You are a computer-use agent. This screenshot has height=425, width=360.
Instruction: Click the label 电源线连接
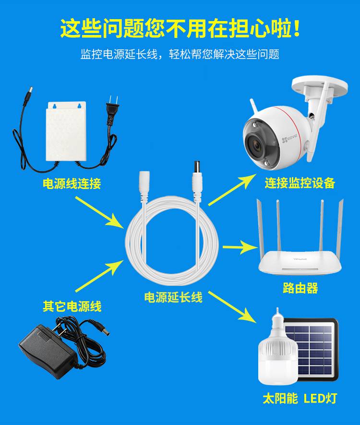click(72, 183)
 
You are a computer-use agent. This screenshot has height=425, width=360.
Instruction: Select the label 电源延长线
click(173, 297)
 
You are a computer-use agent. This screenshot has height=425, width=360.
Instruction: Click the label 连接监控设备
click(300, 183)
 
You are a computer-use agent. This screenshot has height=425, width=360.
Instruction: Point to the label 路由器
click(300, 288)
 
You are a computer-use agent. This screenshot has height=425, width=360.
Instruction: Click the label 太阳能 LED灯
click(300, 399)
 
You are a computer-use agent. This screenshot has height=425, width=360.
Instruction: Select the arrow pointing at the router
click(240, 248)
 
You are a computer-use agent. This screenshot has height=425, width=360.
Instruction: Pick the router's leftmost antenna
click(261, 228)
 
